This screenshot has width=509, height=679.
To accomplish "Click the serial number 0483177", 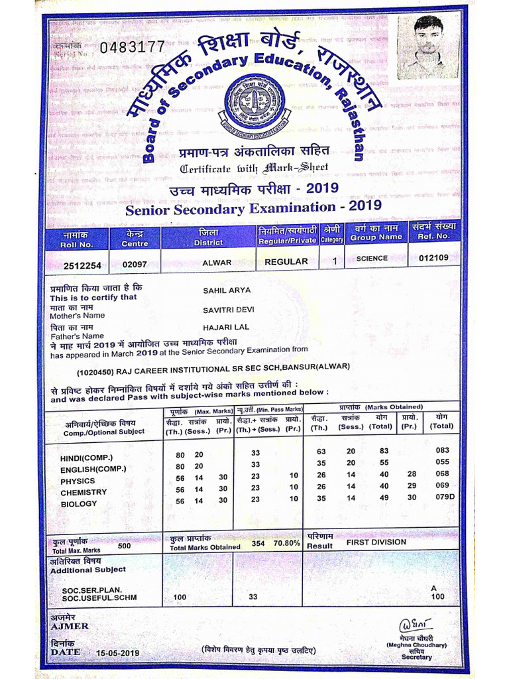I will (132, 47).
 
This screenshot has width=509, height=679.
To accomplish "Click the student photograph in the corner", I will (427, 47).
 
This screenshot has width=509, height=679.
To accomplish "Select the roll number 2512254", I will (82, 265).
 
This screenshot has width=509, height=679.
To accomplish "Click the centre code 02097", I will (135, 265).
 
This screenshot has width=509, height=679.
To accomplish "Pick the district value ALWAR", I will (217, 263).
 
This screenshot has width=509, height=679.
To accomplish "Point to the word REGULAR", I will (286, 262).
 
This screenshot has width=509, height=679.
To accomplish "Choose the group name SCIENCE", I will (372, 259).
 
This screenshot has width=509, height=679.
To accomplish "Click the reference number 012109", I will (429, 259).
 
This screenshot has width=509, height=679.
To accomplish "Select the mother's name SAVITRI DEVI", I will (229, 310).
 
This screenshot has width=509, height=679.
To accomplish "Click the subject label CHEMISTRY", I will (84, 493).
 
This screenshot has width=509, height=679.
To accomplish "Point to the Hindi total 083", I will (442, 450).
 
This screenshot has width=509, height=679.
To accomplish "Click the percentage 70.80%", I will (287, 543).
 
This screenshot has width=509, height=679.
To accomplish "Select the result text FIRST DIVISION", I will (376, 542).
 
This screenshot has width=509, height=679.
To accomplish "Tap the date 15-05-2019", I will (117, 653).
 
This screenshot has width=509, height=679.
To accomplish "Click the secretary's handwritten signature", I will (416, 625).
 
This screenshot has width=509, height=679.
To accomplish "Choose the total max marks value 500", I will (124, 547).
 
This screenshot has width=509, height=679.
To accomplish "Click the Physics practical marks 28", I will (412, 474).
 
